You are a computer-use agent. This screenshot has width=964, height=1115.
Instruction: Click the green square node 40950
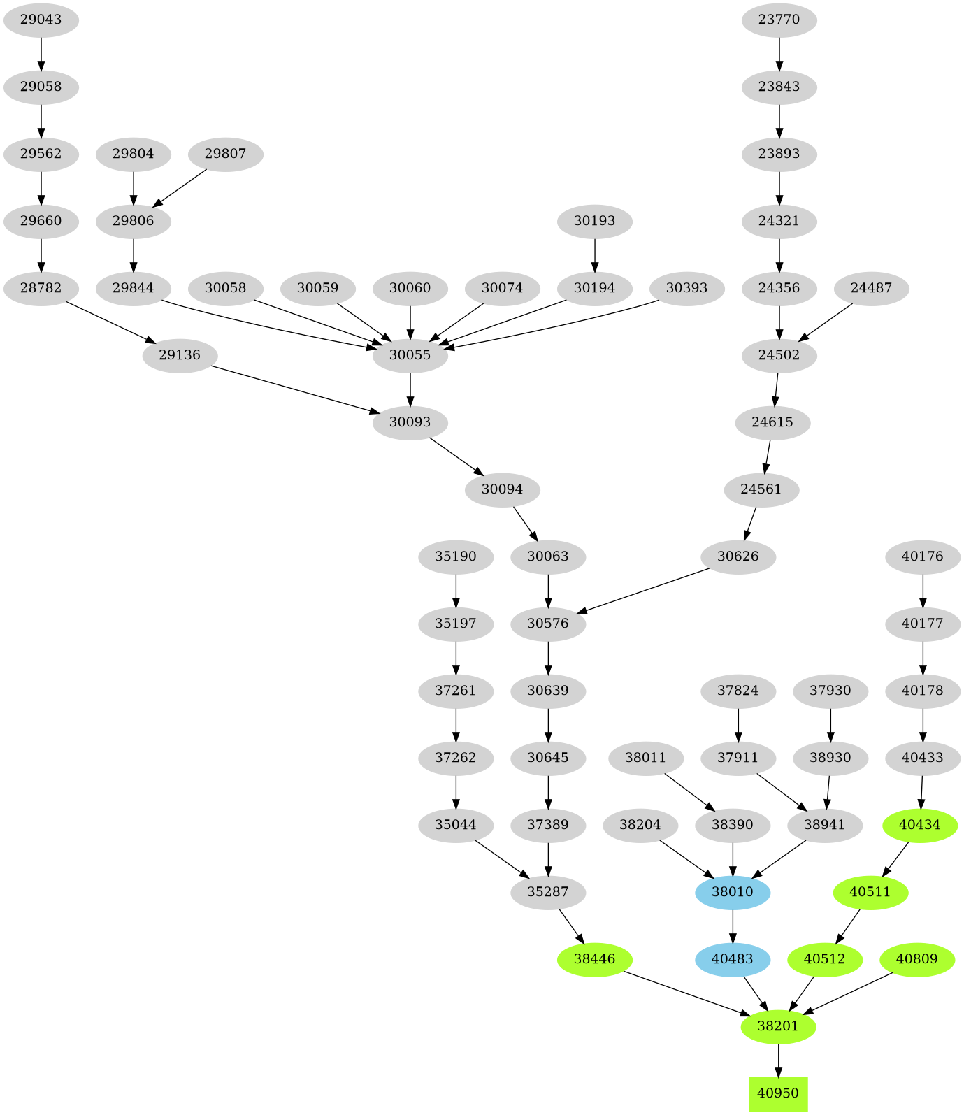click(778, 1093)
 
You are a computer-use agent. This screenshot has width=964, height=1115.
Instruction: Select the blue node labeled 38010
click(733, 892)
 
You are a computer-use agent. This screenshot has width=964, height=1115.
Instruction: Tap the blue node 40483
click(733, 959)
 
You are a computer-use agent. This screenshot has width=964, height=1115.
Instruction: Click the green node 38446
click(594, 959)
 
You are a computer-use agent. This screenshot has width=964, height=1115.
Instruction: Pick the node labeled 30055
click(410, 355)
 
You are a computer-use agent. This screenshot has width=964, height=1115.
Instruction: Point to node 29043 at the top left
click(41, 20)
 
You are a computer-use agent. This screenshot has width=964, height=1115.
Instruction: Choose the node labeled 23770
click(779, 20)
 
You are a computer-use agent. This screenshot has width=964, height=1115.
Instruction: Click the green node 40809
click(916, 959)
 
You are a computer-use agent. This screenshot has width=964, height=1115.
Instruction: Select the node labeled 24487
click(871, 288)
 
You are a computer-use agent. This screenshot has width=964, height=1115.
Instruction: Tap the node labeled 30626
click(738, 556)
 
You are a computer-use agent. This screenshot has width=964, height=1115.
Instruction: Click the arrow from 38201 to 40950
click(778, 1060)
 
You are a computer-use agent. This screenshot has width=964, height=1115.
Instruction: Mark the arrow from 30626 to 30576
click(643, 591)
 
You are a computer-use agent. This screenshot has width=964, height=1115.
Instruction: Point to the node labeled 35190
click(456, 556)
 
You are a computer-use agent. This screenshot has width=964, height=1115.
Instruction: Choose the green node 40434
click(920, 825)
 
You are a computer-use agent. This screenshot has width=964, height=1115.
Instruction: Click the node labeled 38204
click(640, 825)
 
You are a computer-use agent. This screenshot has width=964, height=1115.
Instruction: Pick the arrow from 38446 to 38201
click(685, 992)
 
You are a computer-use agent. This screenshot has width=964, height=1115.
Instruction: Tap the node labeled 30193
click(594, 221)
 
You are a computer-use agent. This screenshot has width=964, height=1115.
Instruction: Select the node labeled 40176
click(923, 556)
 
